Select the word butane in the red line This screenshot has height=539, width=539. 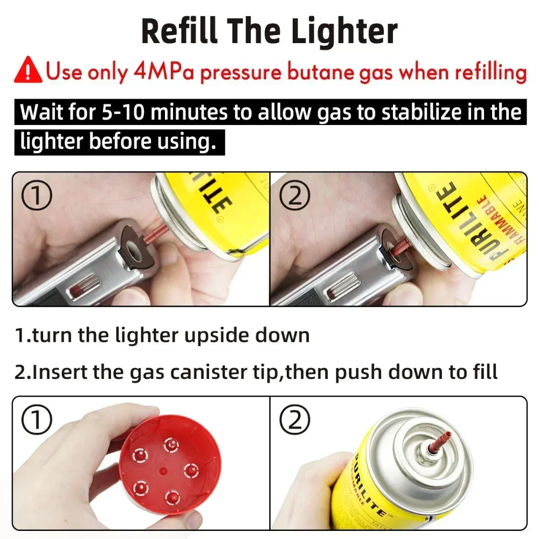coord(320,72)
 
